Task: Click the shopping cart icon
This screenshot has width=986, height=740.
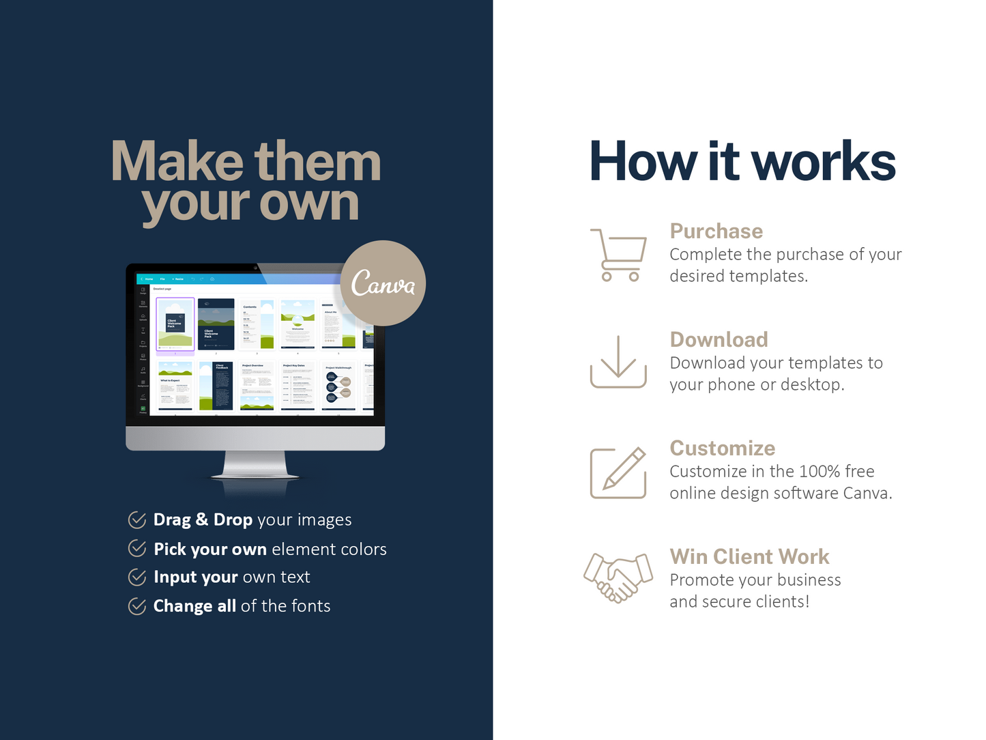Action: coord(618,255)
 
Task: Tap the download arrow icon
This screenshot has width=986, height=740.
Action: coord(618,362)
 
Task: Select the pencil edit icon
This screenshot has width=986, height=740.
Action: coord(618,472)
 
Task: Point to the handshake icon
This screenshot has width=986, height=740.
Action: coord(618,577)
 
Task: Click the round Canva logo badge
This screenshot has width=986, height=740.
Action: coord(383,283)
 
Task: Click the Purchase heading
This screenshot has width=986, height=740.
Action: coord(716,231)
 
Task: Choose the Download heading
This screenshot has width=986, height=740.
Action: coord(719,339)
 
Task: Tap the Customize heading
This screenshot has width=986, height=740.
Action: coord(722,448)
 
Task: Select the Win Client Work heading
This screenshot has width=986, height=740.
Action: coord(749,556)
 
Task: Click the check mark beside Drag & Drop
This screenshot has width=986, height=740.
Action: coord(137,520)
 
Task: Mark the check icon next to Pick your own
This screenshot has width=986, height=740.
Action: coord(137,548)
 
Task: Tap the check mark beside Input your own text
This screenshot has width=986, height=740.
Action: coord(137,577)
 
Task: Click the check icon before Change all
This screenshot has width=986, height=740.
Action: coord(137,606)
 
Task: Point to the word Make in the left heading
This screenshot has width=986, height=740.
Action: coord(177,162)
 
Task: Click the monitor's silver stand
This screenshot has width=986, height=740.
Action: coord(255,466)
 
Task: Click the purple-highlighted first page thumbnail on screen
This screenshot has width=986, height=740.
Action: coord(175,324)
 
